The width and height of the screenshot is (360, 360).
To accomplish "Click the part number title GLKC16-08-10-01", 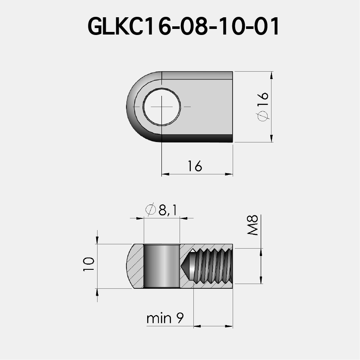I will coord(184,27).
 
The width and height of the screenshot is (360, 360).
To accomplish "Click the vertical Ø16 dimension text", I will coord(263,106).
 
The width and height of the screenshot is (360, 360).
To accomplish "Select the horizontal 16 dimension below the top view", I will coord(195,166).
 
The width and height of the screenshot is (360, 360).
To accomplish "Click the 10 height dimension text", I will coord(89,264).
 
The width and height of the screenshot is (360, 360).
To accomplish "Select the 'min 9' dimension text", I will coord(165,319).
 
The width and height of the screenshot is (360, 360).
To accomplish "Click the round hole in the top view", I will coord(162,106).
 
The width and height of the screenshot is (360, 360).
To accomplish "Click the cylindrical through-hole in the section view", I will coord(161,266).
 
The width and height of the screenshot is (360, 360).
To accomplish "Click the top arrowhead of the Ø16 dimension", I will coord(272,75).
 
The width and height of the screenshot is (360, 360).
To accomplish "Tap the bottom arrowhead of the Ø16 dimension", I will coord(272,139).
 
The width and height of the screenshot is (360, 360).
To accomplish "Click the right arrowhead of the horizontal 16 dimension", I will coord(230,174).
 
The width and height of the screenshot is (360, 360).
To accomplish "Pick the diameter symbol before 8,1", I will coord(151,210).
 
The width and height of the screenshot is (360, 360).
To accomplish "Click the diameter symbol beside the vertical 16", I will coord(263,116).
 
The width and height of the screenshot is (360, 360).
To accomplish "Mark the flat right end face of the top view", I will coord(232,106).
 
